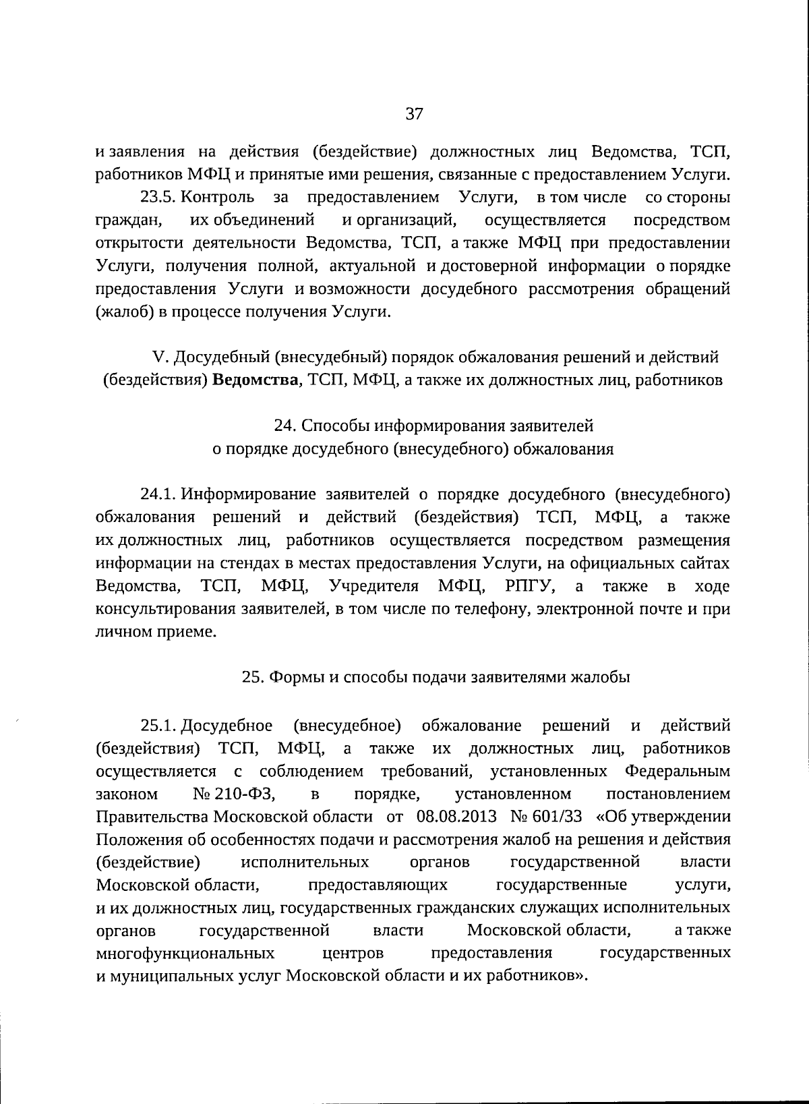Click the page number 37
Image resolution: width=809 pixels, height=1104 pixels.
414,114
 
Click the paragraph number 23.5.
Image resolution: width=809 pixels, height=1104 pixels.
158,197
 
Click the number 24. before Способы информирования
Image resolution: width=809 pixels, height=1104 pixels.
285,426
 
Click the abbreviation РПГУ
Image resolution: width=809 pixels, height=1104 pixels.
531,585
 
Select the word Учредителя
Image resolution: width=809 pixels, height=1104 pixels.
375,585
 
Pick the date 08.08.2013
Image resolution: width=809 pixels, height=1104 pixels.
456,817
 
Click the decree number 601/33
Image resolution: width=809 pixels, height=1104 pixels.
556,817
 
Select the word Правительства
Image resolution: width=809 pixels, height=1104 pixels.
152,817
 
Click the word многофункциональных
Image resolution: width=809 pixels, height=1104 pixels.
185,953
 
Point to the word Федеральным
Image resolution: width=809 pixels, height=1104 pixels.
678,771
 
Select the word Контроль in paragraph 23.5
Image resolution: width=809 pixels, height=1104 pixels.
218,197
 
